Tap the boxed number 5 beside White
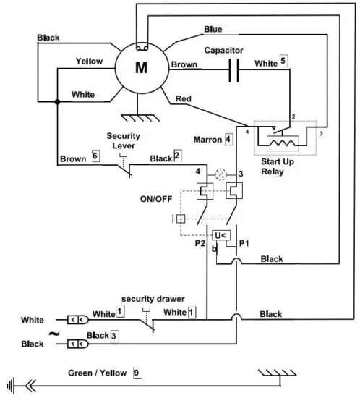point(284,62)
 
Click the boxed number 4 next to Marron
point(228,137)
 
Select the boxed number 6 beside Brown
point(94,156)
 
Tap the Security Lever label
point(124,140)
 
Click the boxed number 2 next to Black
point(177,156)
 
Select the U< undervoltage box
point(220,236)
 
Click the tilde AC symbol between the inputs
point(52,334)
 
